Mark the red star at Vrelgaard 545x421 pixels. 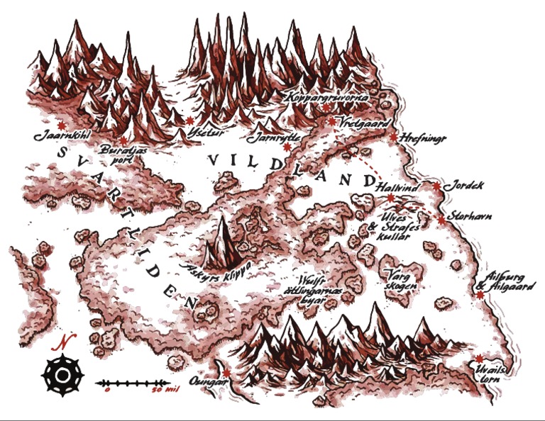[331, 121]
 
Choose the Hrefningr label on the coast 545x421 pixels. [423, 137]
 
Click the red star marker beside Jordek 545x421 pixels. [436, 186]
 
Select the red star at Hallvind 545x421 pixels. [390, 198]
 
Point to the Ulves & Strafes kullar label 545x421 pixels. [386, 228]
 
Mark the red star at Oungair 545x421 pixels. [226, 373]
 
